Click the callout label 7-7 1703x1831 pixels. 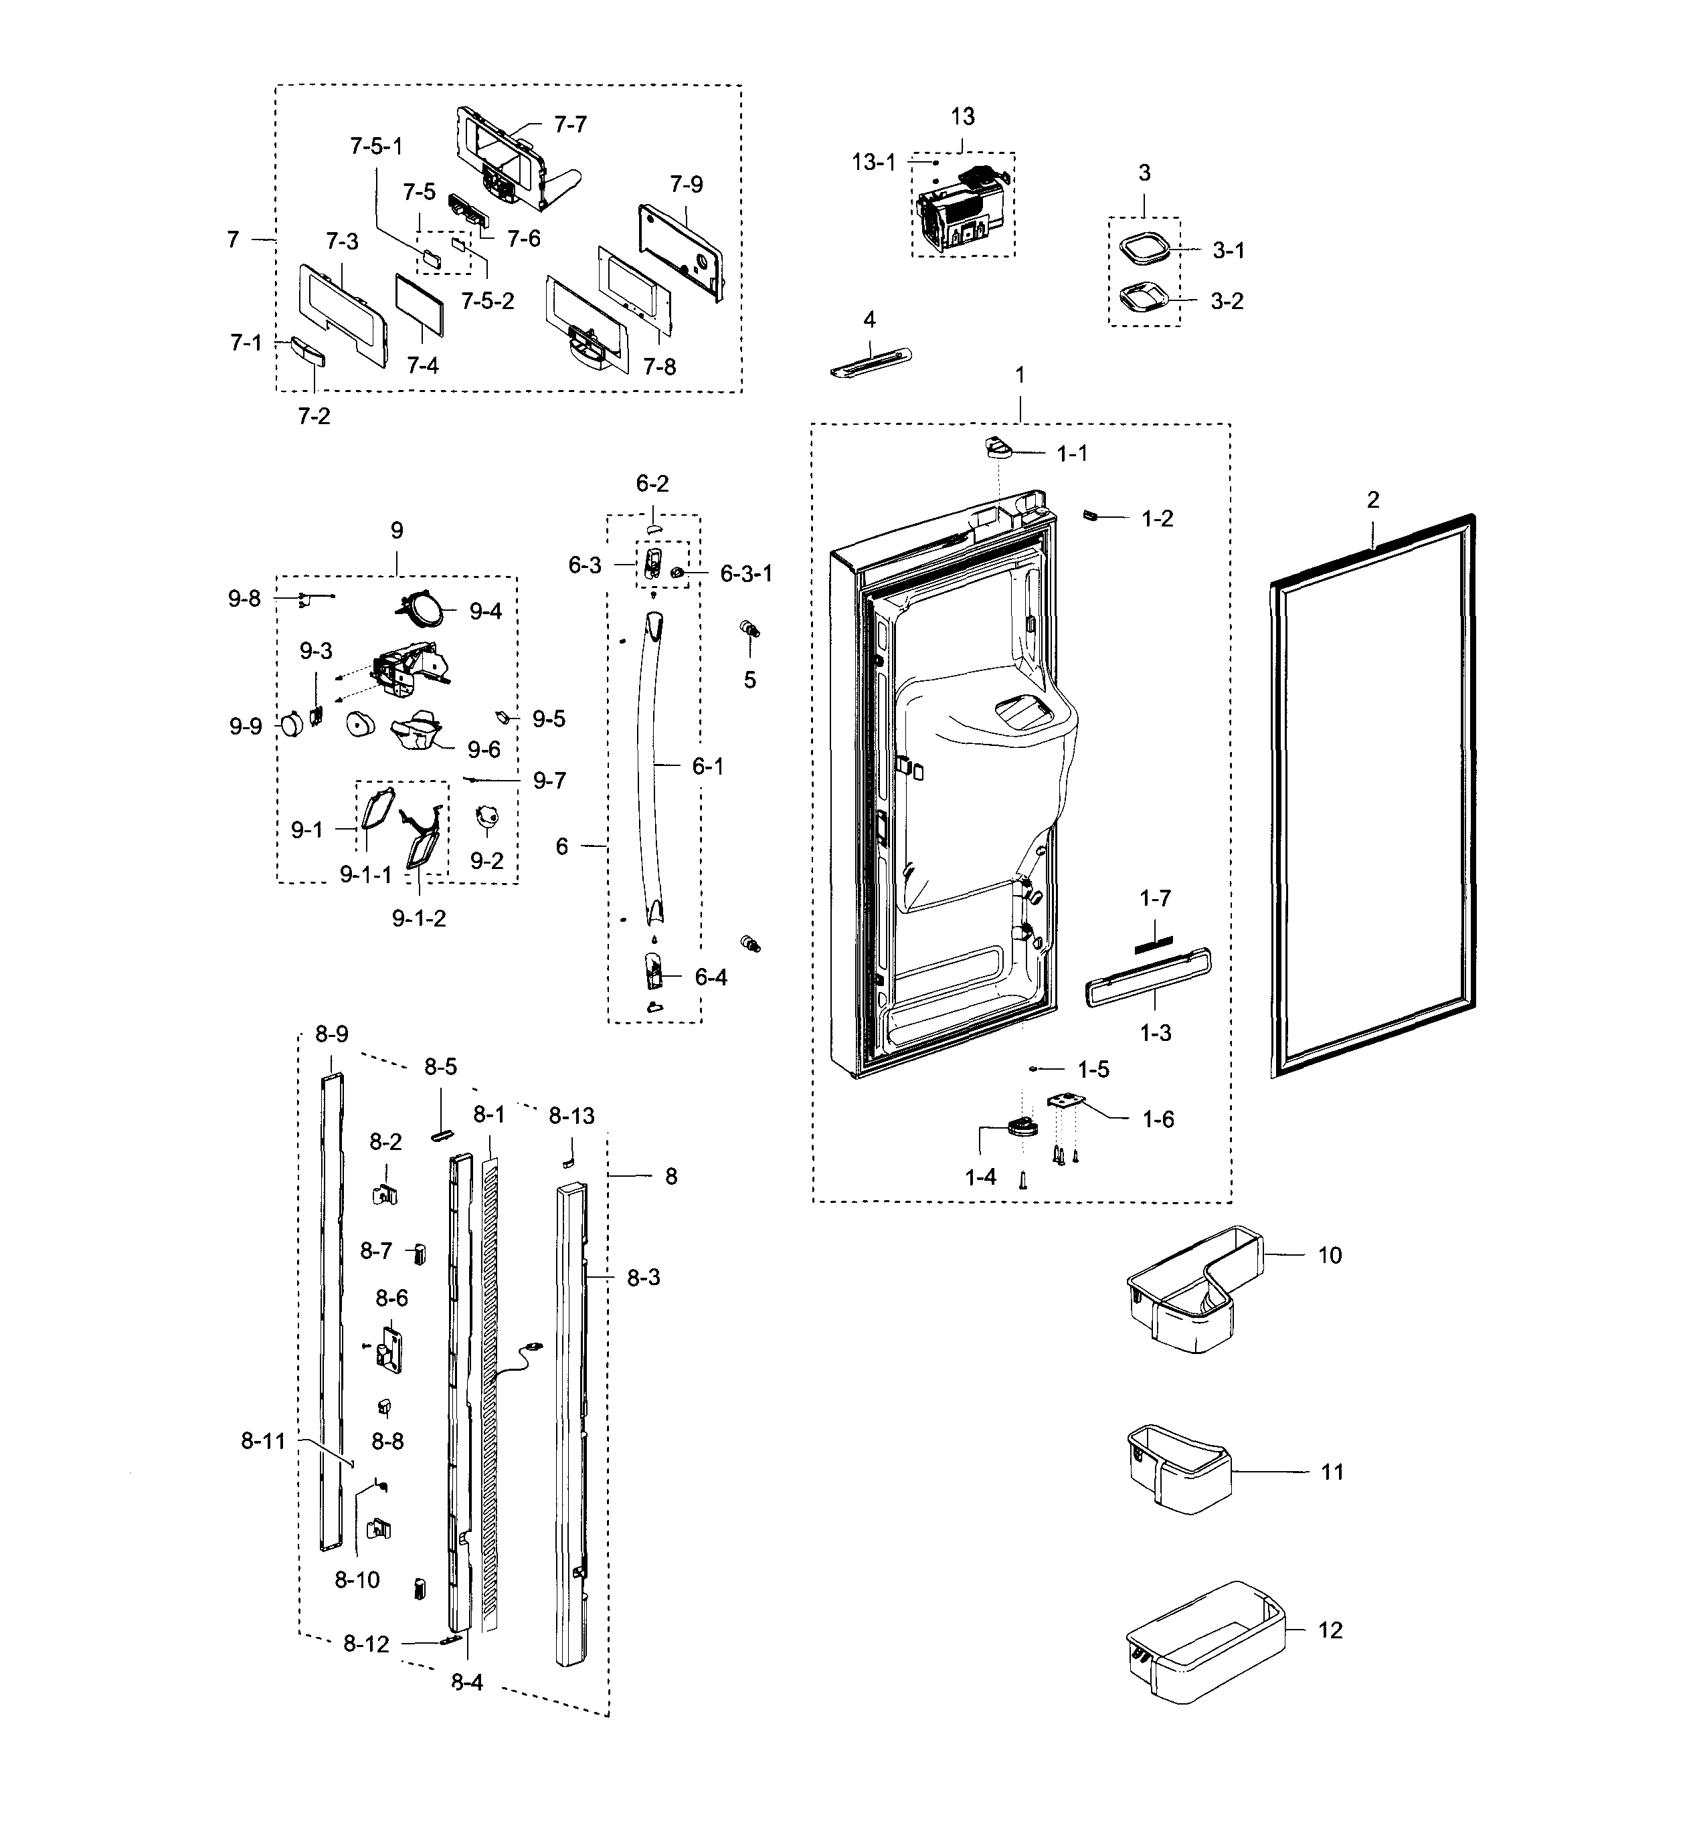(570, 124)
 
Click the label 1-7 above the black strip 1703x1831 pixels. (1155, 898)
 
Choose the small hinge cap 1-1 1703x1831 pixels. (996, 448)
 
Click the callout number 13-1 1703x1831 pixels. (873, 162)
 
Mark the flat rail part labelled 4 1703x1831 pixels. (869, 361)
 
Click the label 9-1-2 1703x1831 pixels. (419, 919)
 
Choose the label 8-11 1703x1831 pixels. (264, 1440)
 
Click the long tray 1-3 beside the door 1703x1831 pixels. (1148, 977)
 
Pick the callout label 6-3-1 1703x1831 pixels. (746, 574)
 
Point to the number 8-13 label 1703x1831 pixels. (572, 1115)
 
